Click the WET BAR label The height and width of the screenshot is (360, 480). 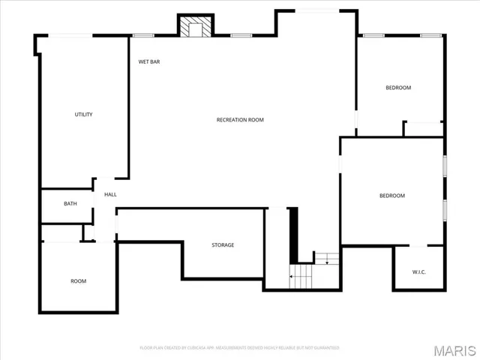pos(149,61)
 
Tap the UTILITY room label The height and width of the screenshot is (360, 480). pos(83,115)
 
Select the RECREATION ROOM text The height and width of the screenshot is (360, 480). pos(240,120)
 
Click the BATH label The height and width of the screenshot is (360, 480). pos(70,204)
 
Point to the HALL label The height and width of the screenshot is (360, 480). pos(110,195)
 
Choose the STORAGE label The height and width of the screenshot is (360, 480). pos(223,245)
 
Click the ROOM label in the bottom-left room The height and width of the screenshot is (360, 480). pos(78,281)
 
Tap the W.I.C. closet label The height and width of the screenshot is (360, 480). pos(418,271)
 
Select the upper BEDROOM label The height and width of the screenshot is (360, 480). pos(398,88)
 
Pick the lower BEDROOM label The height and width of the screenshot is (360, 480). pos(391,196)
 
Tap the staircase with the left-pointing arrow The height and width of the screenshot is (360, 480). pos(301,277)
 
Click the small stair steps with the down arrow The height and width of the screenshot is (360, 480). pos(326,259)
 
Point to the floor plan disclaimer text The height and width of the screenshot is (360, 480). pos(240,348)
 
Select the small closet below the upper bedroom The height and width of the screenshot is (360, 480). pos(422,129)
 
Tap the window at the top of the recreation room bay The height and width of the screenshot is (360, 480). pos(316,10)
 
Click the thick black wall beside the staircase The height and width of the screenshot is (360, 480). pos(294,233)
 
